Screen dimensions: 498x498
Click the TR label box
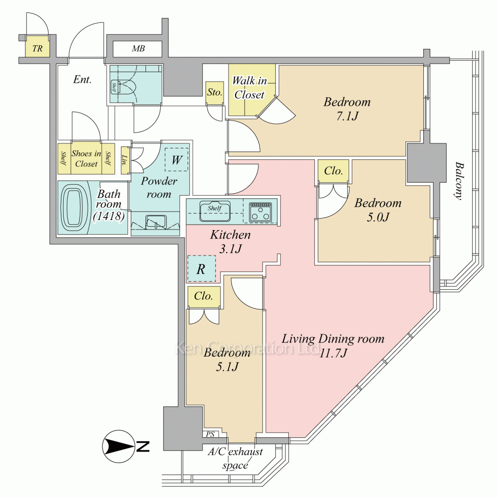pyautogui.click(x=37, y=48)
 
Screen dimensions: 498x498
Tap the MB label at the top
pyautogui.click(x=138, y=49)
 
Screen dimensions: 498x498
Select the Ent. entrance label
pyautogui.click(x=82, y=79)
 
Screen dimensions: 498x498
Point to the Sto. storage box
pyautogui.click(x=215, y=92)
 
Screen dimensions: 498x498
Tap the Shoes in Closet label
pyautogui.click(x=87, y=158)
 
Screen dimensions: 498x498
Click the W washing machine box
pyautogui.click(x=176, y=160)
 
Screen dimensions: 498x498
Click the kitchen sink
pyautogui.click(x=215, y=211)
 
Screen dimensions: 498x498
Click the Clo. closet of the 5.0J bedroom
pyautogui.click(x=333, y=171)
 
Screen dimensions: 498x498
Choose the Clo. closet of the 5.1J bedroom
pyautogui.click(x=204, y=296)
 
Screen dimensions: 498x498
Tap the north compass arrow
pyautogui.click(x=120, y=446)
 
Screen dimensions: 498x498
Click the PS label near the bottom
pyautogui.click(x=211, y=434)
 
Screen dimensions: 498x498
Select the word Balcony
pyautogui.click(x=459, y=181)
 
